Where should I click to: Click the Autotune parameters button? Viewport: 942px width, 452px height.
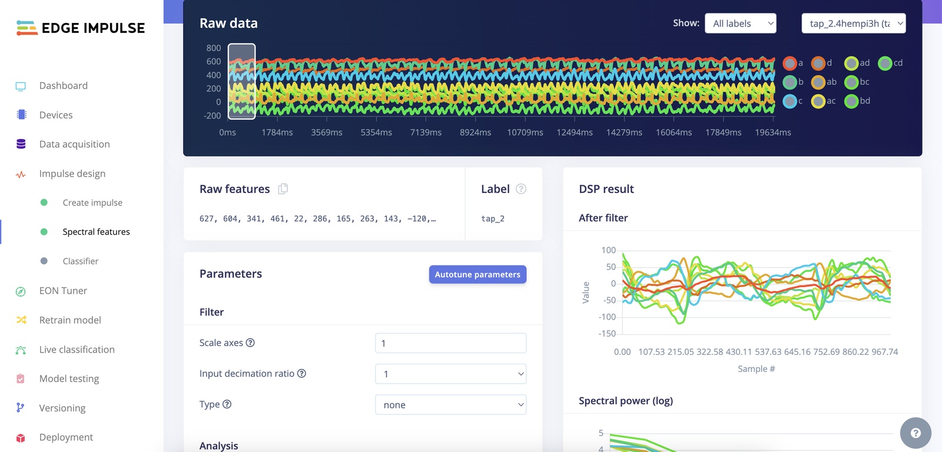pos(477,274)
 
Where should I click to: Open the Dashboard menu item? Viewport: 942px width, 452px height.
pos(63,86)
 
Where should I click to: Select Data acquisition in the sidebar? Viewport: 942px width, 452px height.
pos(74,144)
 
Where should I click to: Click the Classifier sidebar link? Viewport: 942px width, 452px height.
pos(80,261)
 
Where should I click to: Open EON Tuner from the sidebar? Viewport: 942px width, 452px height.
pos(63,291)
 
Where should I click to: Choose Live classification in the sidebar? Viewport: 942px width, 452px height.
pos(77,350)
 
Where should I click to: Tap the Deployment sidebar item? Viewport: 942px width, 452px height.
pos(66,437)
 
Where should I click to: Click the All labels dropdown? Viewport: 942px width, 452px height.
pos(740,24)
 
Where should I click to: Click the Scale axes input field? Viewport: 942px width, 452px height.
pos(450,343)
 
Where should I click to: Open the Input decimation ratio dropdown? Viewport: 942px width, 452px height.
pos(450,374)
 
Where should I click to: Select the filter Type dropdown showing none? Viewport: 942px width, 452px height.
pos(450,404)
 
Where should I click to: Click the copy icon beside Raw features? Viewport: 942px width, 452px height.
pos(283,189)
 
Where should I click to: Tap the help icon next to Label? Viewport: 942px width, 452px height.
pos(521,189)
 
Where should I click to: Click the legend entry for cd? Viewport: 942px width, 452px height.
pos(890,63)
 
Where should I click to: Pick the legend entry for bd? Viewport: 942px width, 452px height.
pos(857,101)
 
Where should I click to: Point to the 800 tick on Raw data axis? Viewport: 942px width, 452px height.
pos(214,48)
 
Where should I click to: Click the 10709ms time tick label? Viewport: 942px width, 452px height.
pos(525,132)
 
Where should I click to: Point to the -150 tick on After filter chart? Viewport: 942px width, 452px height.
pos(607,334)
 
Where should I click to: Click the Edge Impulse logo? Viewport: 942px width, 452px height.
pos(81,28)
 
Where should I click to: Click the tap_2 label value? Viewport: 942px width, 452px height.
pos(493,219)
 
